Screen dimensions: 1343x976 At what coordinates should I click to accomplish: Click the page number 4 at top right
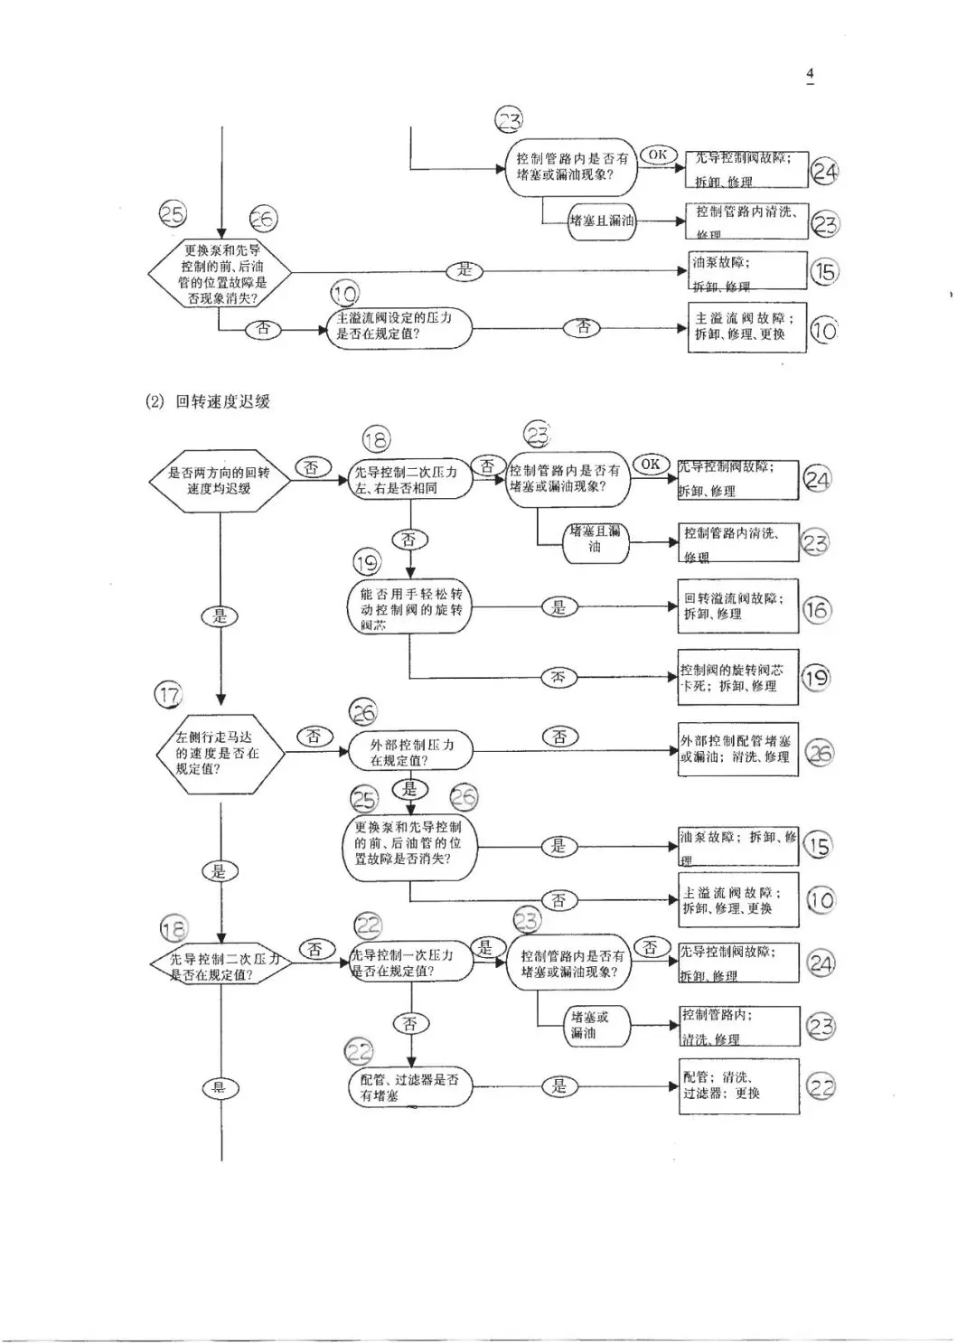pyautogui.click(x=810, y=73)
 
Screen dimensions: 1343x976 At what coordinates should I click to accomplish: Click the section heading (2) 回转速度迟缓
pyautogui.click(x=209, y=401)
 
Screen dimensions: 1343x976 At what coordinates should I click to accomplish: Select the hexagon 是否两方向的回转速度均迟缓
pyautogui.click(x=220, y=481)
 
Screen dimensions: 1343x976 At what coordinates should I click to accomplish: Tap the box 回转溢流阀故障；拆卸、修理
pyautogui.click(x=738, y=606)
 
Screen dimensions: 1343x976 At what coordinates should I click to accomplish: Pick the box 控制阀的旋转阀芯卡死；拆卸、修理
pyautogui.click(x=738, y=678)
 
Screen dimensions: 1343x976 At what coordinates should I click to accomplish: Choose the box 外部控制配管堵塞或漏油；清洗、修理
pyautogui.click(x=738, y=749)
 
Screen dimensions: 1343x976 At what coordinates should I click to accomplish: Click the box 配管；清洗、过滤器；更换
pyautogui.click(x=738, y=1085)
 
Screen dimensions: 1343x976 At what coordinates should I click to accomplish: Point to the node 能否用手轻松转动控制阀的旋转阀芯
pyautogui.click(x=410, y=609)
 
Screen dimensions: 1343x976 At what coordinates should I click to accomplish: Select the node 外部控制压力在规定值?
pyautogui.click(x=411, y=752)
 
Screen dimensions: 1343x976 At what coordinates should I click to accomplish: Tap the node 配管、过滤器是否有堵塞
pyautogui.click(x=410, y=1087)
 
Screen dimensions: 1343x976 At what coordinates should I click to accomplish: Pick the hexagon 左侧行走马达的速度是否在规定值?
pyautogui.click(x=218, y=753)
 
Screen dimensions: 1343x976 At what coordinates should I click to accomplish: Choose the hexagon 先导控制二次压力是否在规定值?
pyautogui.click(x=221, y=966)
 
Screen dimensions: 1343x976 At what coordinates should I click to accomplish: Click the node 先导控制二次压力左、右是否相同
pyautogui.click(x=411, y=480)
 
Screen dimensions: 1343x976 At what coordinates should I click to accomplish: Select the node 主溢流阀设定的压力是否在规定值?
pyautogui.click(x=399, y=326)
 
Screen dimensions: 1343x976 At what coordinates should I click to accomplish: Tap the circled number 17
pyautogui.click(x=169, y=695)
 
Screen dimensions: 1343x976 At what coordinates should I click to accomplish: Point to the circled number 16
pyautogui.click(x=816, y=610)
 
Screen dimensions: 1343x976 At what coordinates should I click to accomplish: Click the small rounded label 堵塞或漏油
pyautogui.click(x=589, y=1025)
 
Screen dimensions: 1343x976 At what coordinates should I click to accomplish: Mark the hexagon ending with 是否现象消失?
pyautogui.click(x=220, y=273)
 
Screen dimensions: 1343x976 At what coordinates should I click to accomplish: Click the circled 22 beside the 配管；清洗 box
pyautogui.click(x=821, y=1087)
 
